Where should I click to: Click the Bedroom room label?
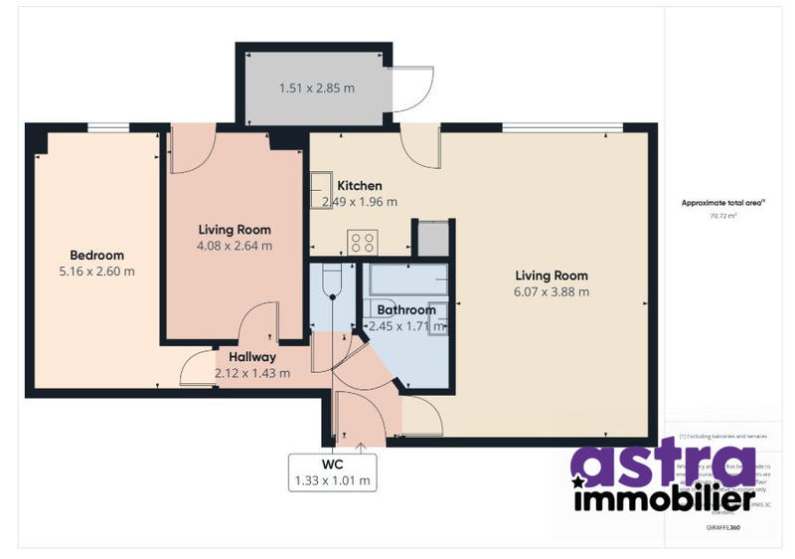(96, 255)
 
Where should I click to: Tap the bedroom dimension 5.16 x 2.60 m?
(96, 271)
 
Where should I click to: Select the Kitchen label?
(360, 186)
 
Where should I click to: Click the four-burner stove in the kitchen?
(361, 242)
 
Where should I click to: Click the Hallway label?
(252, 357)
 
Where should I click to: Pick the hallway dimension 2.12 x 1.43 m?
(252, 373)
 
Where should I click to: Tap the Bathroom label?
(406, 310)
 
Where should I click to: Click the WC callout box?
(333, 472)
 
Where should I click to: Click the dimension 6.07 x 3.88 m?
(552, 291)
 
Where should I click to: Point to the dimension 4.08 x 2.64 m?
(234, 245)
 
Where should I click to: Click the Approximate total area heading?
(722, 202)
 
